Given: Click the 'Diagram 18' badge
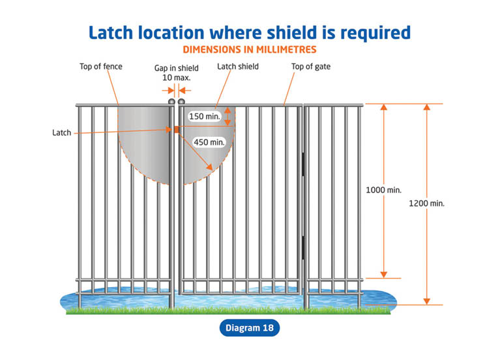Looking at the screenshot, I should (250, 328).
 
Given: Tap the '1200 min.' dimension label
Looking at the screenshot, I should (426, 203).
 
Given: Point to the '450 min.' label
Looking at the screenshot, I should (209, 142).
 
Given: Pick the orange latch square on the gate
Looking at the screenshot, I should (176, 130).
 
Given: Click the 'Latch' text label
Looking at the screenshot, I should (61, 133).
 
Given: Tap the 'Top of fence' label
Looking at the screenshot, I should (100, 67).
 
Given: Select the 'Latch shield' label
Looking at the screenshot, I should (237, 67).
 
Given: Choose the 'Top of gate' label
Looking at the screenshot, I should (310, 67).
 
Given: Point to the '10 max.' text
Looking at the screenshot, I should (175, 78).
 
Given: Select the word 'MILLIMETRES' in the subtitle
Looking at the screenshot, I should (284, 49).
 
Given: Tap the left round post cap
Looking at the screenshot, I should (171, 102).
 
